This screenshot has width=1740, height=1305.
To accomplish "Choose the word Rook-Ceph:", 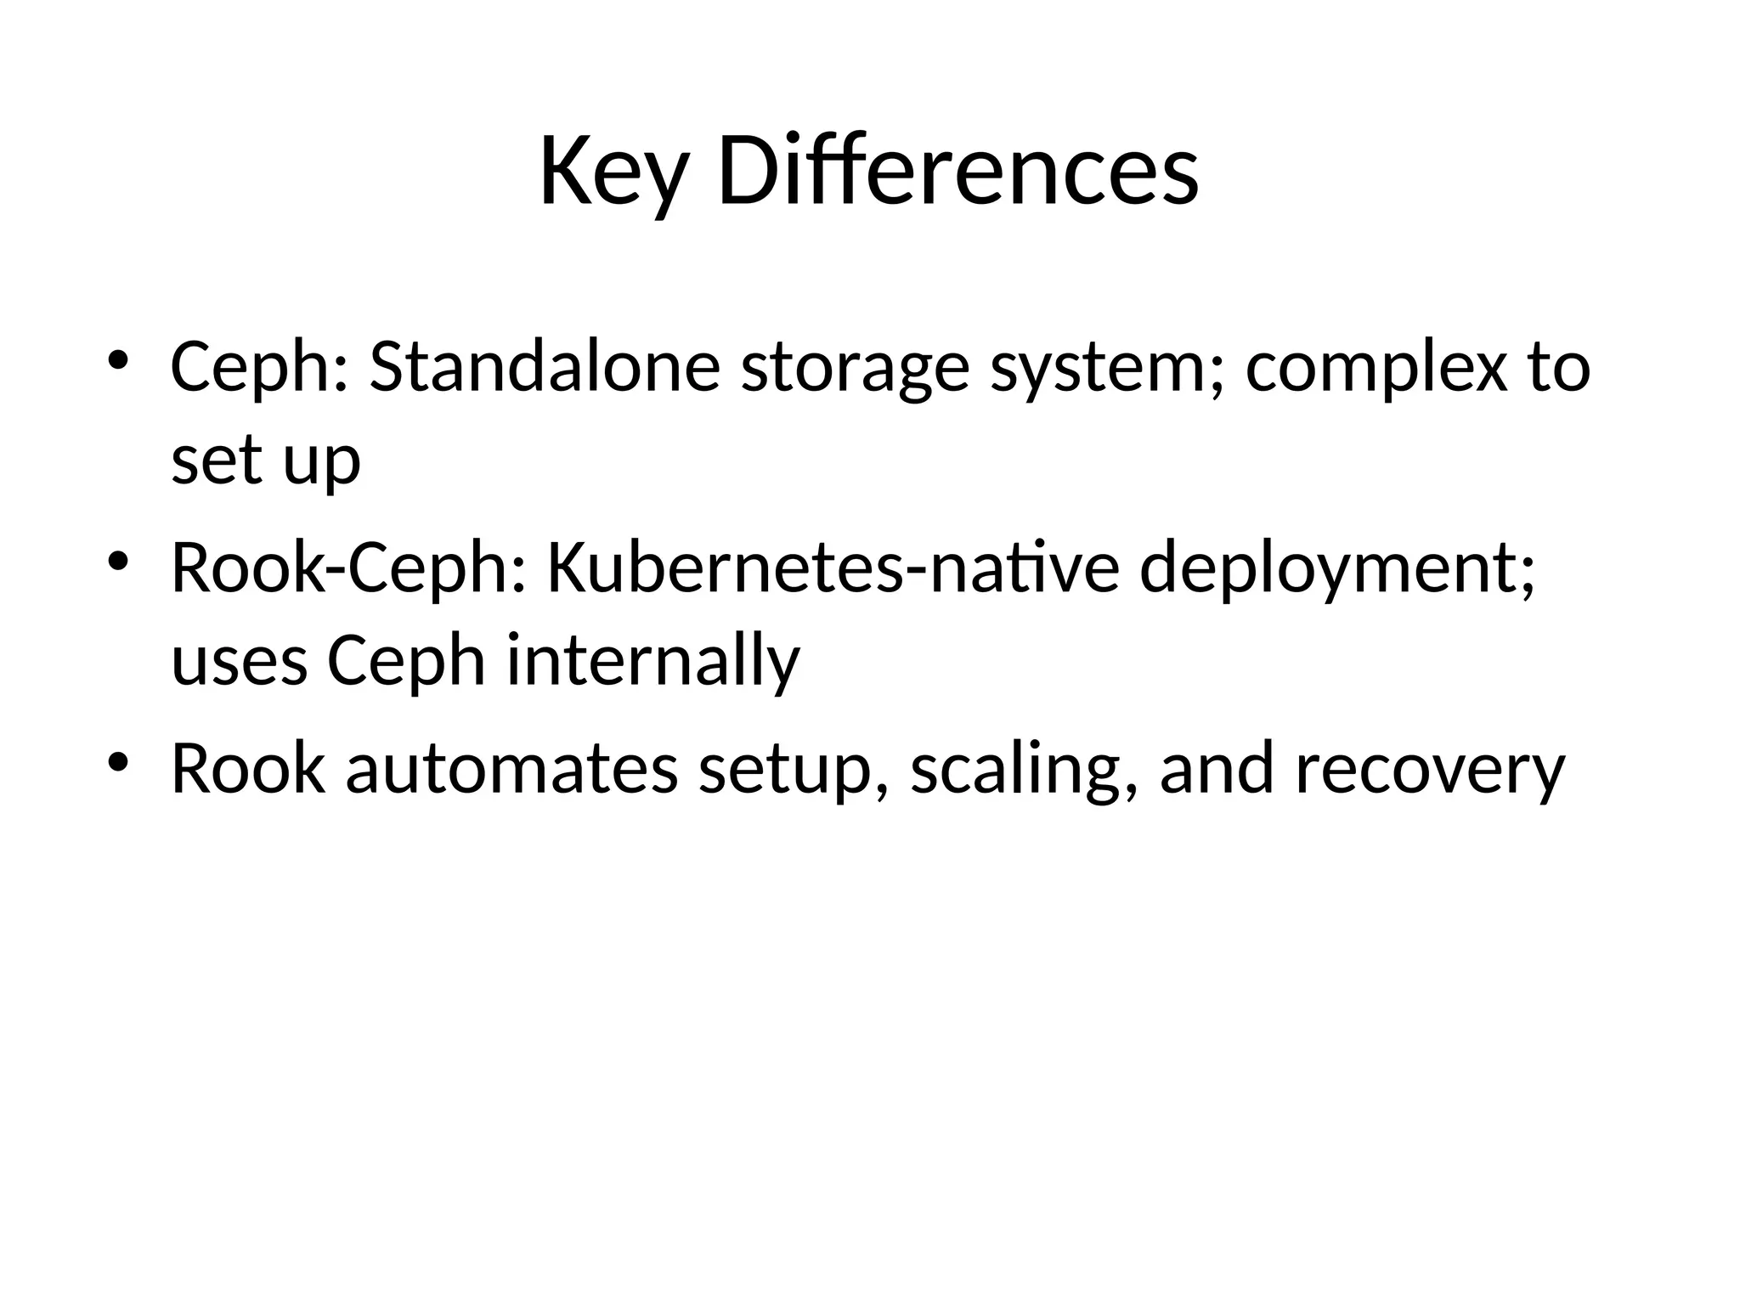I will pyautogui.click(x=348, y=569).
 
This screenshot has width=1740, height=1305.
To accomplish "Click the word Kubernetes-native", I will pyautogui.click(x=833, y=569).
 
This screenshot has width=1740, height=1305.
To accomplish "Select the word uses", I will pyautogui.click(x=239, y=662).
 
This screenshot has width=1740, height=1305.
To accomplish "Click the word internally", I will pyautogui.click(x=653, y=662).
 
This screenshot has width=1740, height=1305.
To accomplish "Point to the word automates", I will pyautogui.click(x=511, y=769).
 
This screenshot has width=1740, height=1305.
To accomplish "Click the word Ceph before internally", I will pyautogui.click(x=406, y=662).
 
